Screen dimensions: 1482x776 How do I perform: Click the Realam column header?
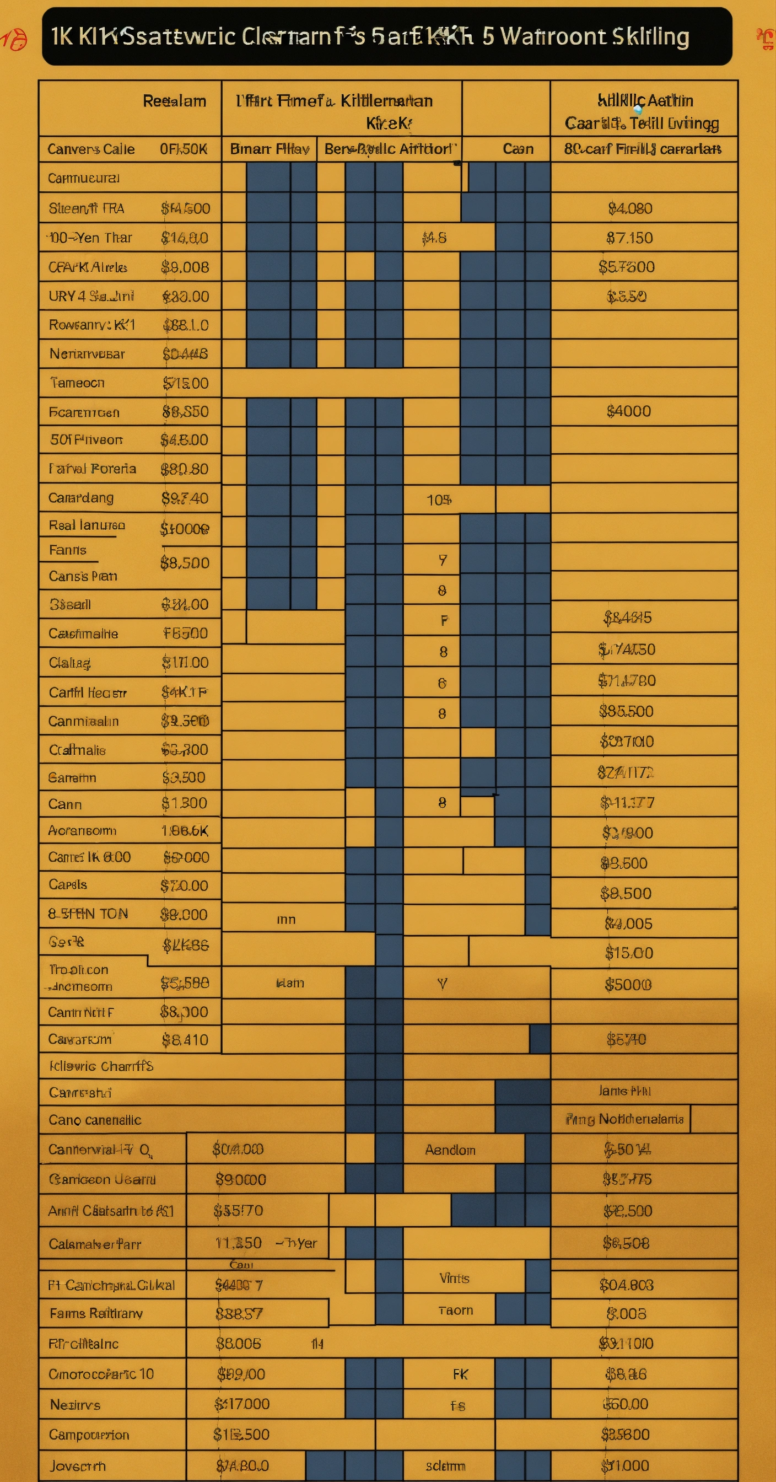coord(174,101)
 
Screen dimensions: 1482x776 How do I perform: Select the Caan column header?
coord(518,149)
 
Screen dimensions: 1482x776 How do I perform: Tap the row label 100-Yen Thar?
coord(90,238)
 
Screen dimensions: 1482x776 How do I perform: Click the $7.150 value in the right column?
coord(629,238)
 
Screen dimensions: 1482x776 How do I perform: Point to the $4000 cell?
coord(629,411)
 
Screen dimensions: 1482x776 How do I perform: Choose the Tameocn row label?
coord(77,383)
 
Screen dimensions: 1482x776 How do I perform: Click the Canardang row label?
coord(81,498)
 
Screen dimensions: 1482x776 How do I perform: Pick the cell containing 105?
coord(439,500)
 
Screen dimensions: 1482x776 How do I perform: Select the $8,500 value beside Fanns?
coord(185,563)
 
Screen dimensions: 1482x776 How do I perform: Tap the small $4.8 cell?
coord(434,238)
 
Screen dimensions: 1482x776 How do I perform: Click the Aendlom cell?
coord(450,1150)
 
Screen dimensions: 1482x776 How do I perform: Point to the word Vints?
coord(455,1278)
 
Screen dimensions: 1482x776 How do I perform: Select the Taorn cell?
coord(456,1310)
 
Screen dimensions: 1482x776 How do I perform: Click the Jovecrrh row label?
coord(77,1465)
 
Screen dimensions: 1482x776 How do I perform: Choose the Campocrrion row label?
coord(89,1434)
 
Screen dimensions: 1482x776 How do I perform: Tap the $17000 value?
coord(241,1404)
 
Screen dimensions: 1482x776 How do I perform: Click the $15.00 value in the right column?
coord(629,953)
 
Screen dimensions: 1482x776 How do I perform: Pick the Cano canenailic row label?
coord(95,1120)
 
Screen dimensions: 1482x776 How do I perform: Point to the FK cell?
coord(460,1374)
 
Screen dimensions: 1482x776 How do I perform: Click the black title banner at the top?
coord(387,36)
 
